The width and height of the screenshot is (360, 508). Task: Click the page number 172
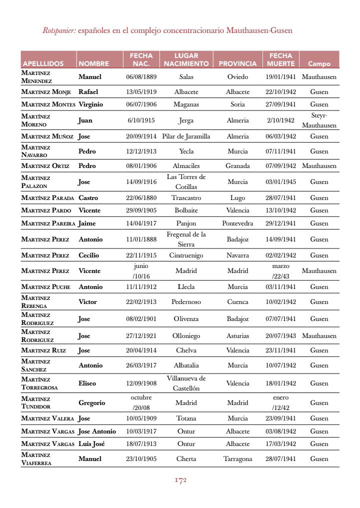click(180, 480)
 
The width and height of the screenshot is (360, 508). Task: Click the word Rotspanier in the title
click(59, 30)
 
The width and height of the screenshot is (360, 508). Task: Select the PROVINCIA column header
click(237, 63)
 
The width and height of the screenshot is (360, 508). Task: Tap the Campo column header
click(319, 63)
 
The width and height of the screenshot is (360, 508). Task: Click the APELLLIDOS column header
click(43, 63)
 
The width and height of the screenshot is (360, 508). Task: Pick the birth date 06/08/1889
click(141, 77)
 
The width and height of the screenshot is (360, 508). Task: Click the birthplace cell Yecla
click(186, 151)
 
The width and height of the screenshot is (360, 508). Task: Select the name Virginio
click(90, 104)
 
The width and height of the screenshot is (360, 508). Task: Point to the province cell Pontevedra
click(237, 223)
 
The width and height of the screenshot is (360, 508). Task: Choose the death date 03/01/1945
click(280, 182)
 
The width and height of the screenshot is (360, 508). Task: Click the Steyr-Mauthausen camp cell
click(319, 120)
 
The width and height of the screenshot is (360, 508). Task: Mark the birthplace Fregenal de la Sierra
click(186, 239)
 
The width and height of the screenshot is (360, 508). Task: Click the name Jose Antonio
click(97, 431)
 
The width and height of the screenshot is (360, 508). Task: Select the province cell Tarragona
click(237, 459)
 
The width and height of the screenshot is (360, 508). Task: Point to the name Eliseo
click(87, 383)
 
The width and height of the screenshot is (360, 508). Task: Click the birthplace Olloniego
click(186, 336)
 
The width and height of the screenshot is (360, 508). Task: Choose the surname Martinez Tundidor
click(36, 402)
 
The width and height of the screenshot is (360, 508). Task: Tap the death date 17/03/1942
click(280, 444)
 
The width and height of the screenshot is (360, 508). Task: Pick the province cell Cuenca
click(237, 302)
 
